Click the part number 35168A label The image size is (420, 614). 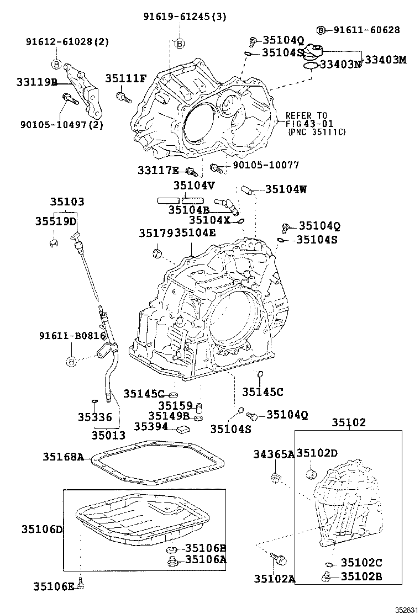(x=63, y=457)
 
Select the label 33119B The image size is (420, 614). (x=36, y=82)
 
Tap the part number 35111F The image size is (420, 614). (x=126, y=78)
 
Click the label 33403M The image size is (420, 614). (x=384, y=60)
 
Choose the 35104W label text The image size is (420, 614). (x=286, y=189)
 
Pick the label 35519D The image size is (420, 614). (x=55, y=221)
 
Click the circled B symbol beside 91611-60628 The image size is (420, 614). (x=321, y=30)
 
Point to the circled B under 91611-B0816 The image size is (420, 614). (x=71, y=362)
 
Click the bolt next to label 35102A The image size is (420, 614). (x=280, y=559)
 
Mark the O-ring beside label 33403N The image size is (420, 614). (x=311, y=66)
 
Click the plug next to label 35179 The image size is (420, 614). (x=156, y=253)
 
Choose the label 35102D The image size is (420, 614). (x=317, y=453)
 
